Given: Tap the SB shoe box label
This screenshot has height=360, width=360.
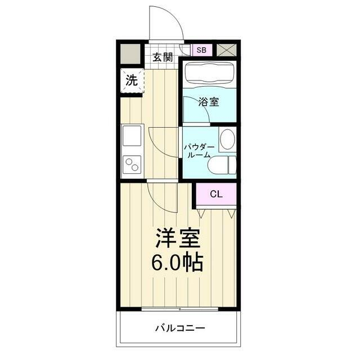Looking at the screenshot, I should click(201, 49).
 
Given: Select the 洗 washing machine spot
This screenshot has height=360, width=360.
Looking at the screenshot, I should click(130, 80).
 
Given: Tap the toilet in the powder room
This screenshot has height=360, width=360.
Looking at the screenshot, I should click(221, 165).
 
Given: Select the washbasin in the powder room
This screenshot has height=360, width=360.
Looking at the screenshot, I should click(227, 139).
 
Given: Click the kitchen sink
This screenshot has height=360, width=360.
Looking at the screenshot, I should click(132, 137).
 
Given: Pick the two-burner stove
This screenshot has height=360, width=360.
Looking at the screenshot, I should click(133, 165).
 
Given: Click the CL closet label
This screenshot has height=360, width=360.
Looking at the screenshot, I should click(216, 194).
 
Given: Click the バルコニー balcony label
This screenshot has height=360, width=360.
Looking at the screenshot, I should click(180, 328).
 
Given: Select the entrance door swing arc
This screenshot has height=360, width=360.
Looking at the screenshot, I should click(166, 22).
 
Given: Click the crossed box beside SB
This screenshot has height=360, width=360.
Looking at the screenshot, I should click(227, 49).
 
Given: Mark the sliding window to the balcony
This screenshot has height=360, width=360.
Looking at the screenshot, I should click(179, 309).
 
